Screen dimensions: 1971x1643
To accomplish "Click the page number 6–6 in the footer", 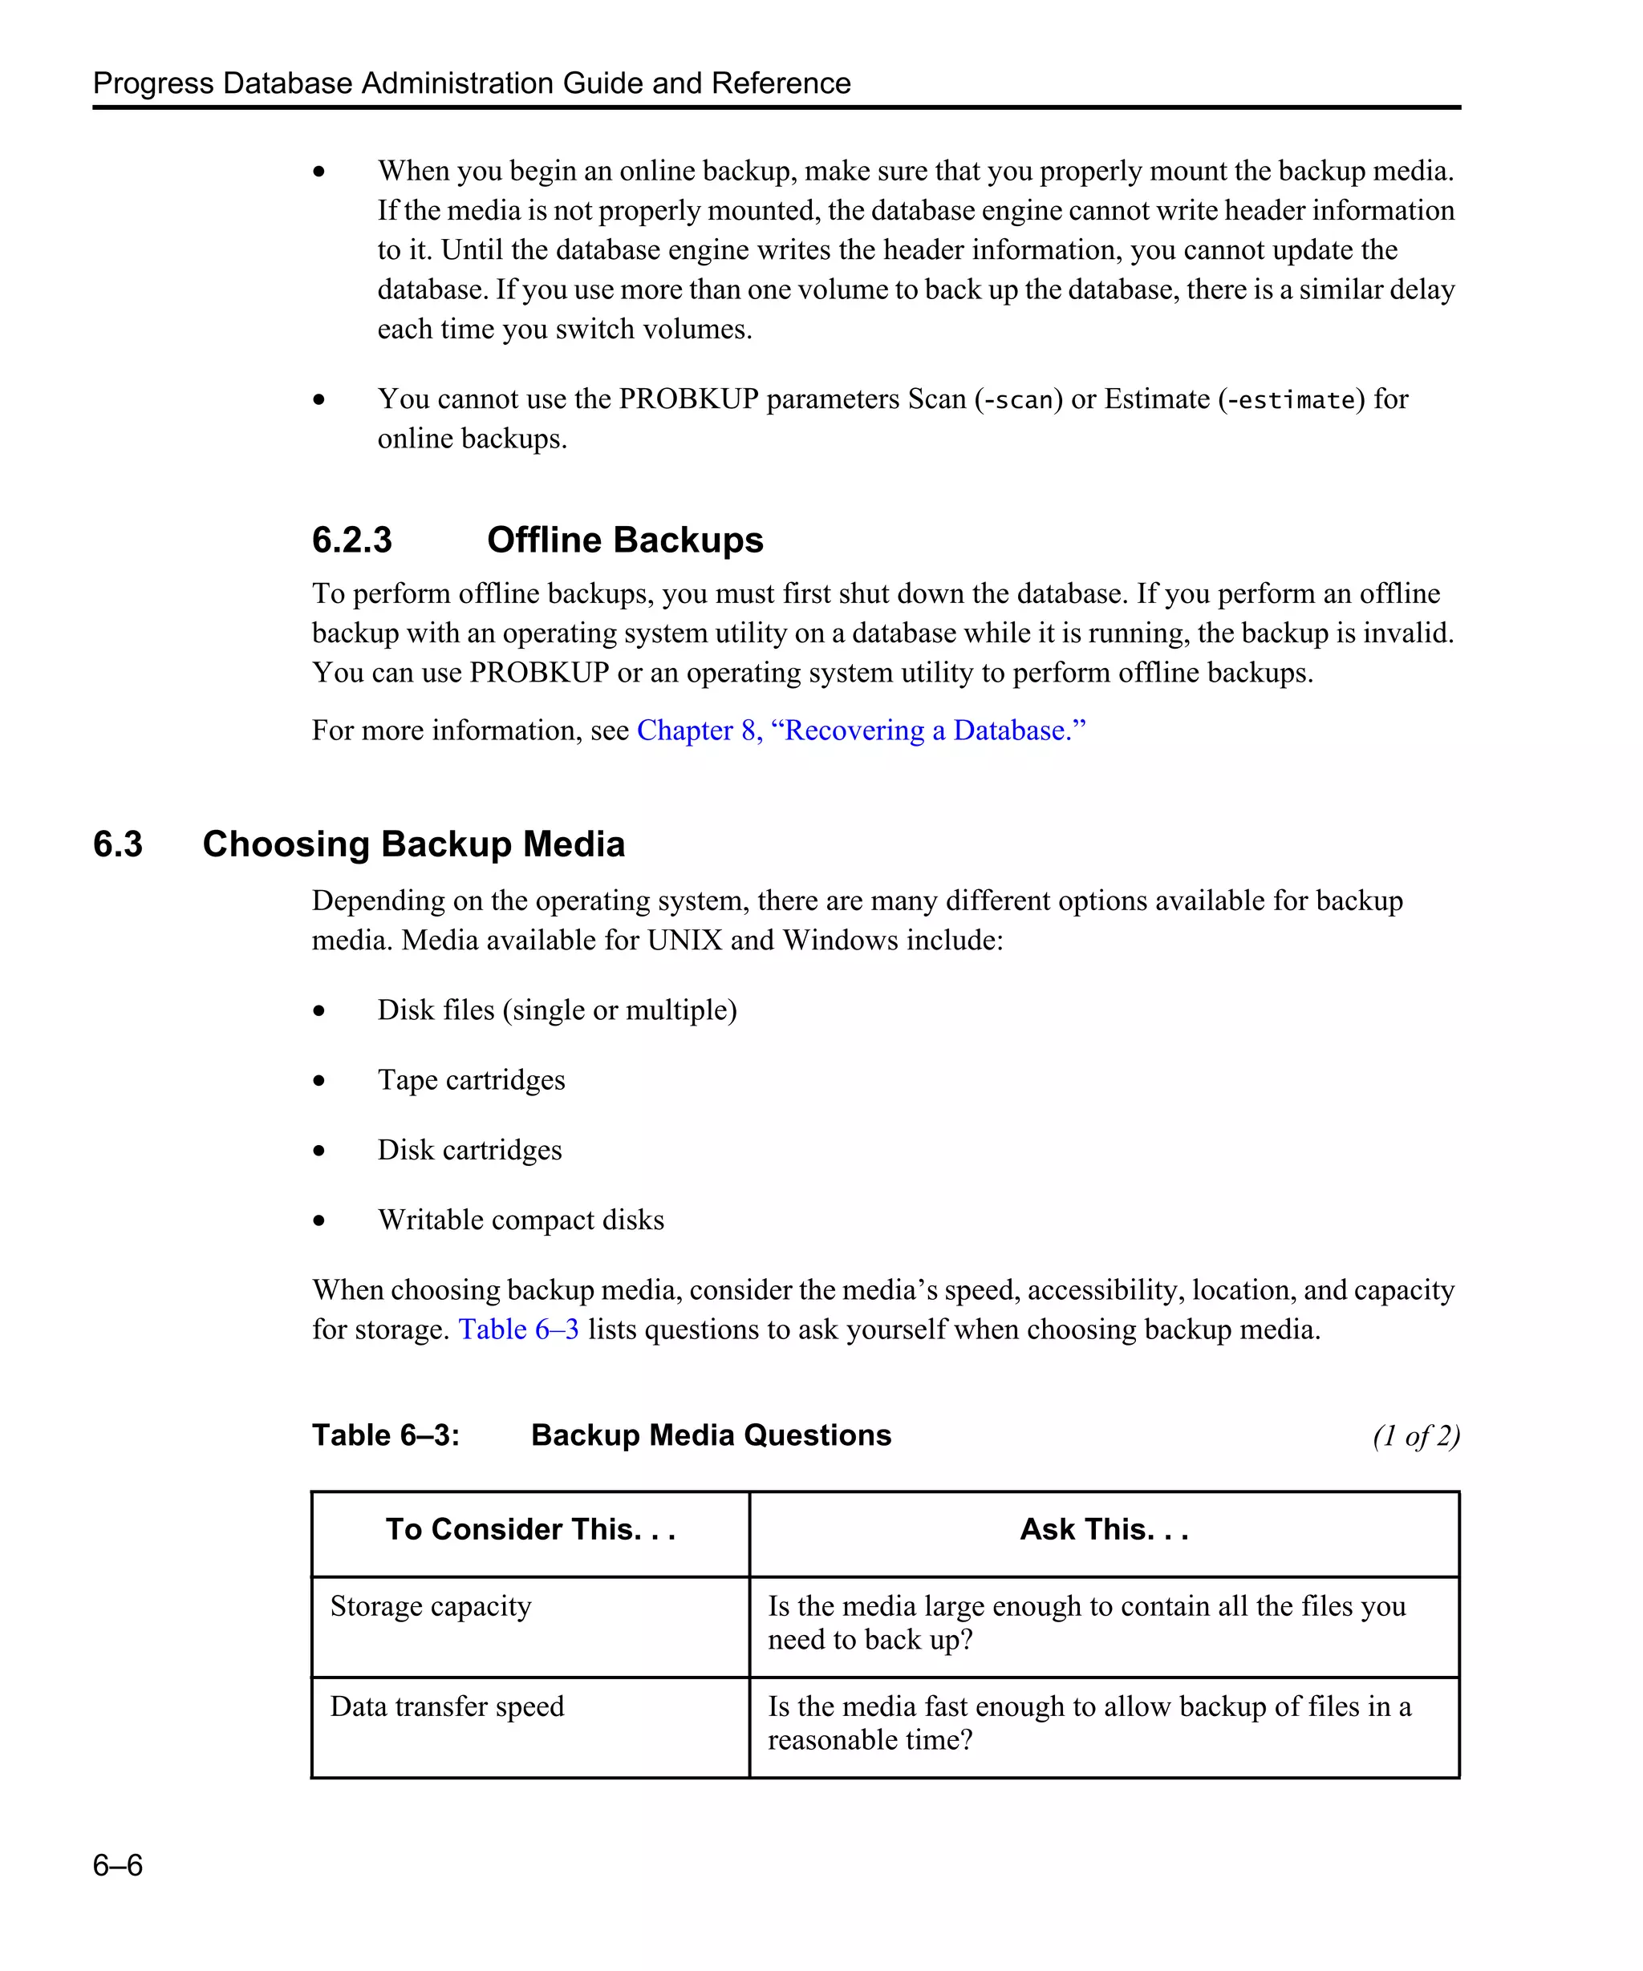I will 117,1864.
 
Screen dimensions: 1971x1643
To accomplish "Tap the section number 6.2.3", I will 351,540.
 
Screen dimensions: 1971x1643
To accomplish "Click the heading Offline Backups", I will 624,540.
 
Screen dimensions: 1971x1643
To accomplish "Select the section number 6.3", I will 117,844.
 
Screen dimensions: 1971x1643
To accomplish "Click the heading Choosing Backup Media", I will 413,844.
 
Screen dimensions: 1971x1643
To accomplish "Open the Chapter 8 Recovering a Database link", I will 860,731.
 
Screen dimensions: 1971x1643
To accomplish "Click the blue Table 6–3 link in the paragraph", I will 518,1329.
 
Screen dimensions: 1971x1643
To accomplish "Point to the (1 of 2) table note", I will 1415,1436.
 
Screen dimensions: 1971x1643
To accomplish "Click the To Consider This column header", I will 530,1529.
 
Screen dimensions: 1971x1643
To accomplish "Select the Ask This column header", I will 1104,1529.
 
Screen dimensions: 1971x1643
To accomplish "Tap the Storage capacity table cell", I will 431,1606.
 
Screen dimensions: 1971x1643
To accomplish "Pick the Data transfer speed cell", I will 447,1706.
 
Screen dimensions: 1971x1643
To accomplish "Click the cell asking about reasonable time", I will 1089,1723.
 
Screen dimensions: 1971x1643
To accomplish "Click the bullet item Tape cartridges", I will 471,1079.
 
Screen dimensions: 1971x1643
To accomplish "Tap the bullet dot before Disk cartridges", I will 319,1151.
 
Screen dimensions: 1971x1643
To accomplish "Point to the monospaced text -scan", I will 1018,400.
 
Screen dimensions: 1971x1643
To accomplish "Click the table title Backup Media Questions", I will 711,1435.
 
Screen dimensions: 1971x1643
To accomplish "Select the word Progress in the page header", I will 153,83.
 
